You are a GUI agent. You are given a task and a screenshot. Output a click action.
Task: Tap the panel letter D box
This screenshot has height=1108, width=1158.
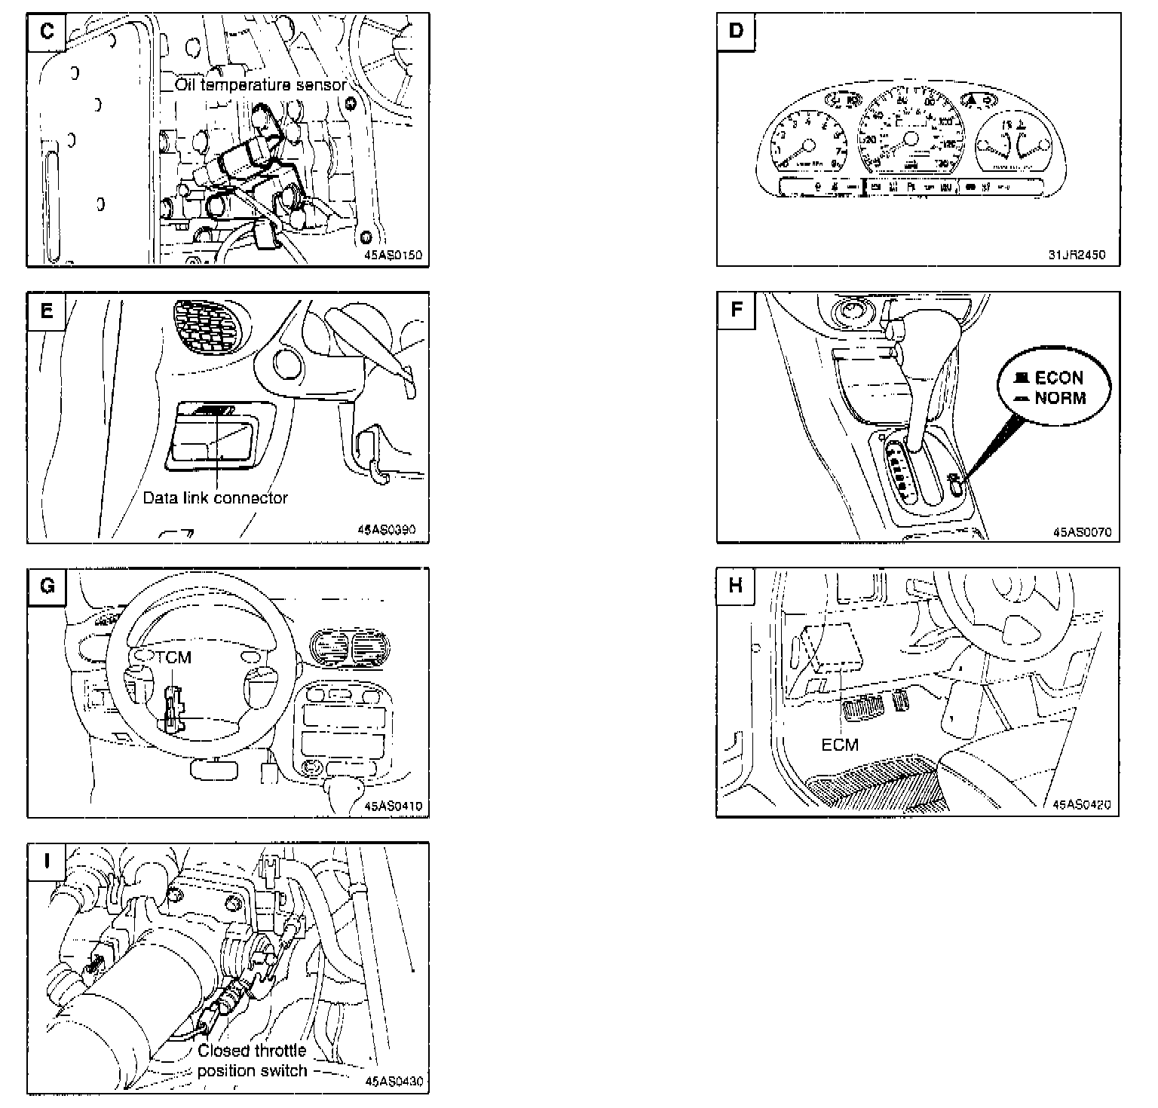pyautogui.click(x=736, y=32)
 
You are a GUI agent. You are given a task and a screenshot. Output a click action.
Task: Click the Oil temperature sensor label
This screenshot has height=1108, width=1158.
pyautogui.click(x=261, y=84)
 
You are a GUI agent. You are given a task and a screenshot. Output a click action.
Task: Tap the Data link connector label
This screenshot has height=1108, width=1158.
pyautogui.click(x=215, y=498)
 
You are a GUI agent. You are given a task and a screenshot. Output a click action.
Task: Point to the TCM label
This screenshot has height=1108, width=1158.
pyautogui.click(x=174, y=658)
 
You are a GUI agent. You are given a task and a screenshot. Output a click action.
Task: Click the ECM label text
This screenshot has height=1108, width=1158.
pyautogui.click(x=840, y=745)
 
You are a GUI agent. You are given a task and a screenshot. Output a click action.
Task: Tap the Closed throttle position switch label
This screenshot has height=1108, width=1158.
pyautogui.click(x=252, y=1061)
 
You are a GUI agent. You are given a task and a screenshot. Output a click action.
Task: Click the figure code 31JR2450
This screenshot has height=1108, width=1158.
pyautogui.click(x=1077, y=255)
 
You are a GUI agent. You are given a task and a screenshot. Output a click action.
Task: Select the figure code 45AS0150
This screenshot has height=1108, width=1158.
pyautogui.click(x=394, y=256)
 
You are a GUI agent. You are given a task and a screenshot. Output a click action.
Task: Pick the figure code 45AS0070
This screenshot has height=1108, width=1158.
pyautogui.click(x=1082, y=532)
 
